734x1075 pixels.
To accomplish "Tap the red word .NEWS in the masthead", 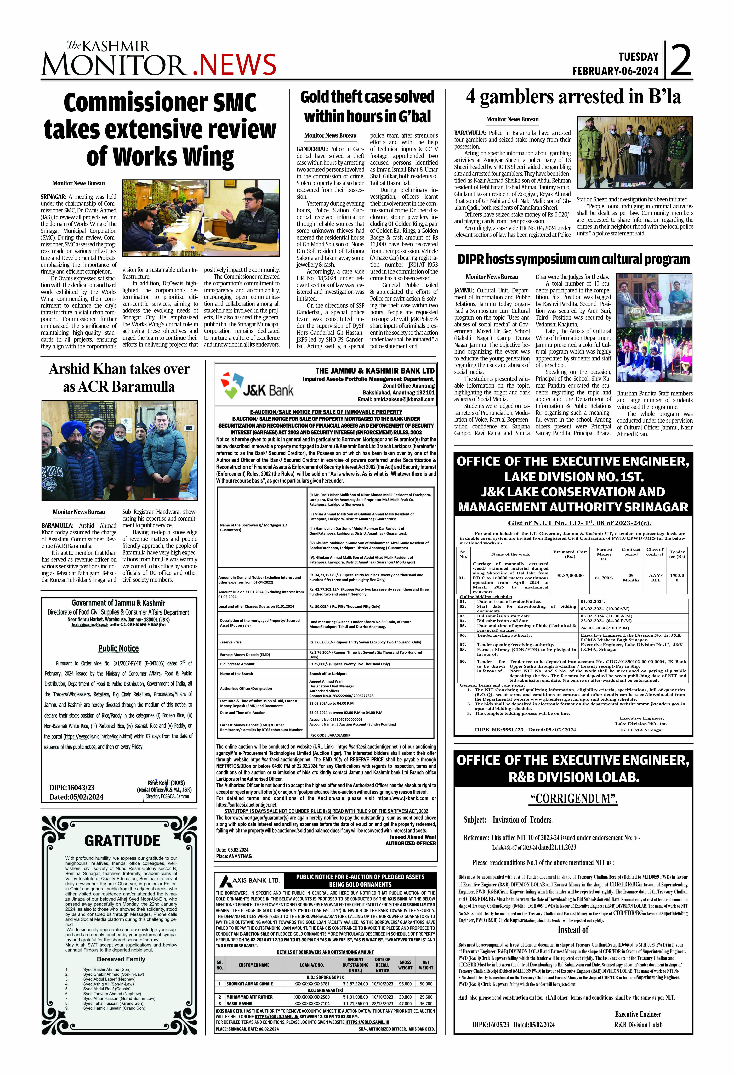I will point(234,64).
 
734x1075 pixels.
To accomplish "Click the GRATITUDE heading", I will point(122,840).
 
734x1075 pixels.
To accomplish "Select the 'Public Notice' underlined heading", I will point(118,648).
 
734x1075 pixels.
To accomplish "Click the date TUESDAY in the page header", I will point(638,57).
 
